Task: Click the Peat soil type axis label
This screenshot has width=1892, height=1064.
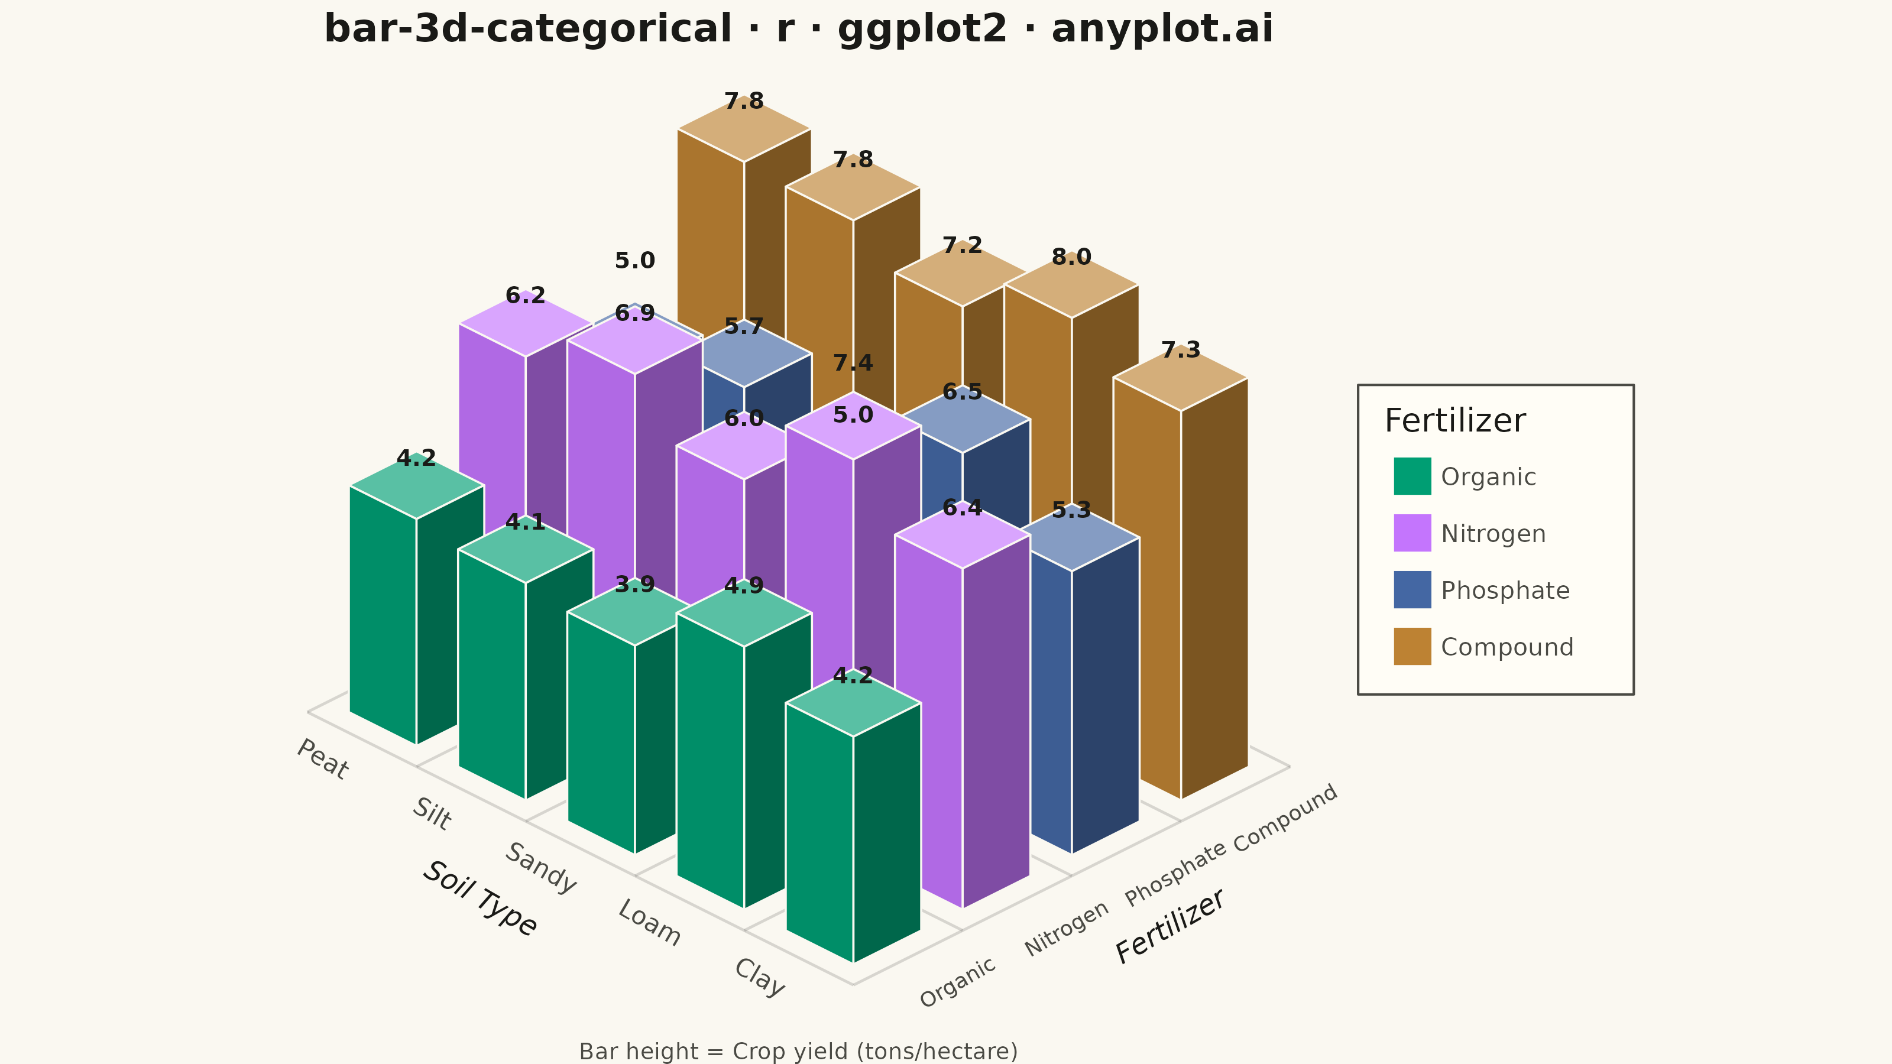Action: (322, 758)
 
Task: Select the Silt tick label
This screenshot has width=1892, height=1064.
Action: (431, 813)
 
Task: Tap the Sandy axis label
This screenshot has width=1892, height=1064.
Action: (540, 868)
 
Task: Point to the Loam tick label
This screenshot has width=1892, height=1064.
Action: (649, 922)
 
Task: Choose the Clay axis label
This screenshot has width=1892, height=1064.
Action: (759, 977)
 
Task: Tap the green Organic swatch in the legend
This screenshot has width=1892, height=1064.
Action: (1412, 476)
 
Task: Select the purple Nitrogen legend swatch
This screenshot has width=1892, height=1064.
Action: (1412, 533)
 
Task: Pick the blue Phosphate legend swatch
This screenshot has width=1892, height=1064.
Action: (1412, 590)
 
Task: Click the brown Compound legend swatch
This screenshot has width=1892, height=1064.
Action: (1412, 646)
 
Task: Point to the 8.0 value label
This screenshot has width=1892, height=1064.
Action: (1071, 257)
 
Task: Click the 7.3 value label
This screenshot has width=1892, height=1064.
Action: (1181, 351)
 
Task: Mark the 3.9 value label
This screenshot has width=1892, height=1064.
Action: (634, 585)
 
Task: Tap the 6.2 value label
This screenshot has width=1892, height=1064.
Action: (526, 296)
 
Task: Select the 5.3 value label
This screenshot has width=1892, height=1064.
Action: (1071, 510)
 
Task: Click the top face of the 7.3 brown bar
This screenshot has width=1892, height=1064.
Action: (1181, 379)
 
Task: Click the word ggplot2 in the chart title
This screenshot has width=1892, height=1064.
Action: (922, 30)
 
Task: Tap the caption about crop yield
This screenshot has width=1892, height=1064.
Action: (798, 1052)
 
